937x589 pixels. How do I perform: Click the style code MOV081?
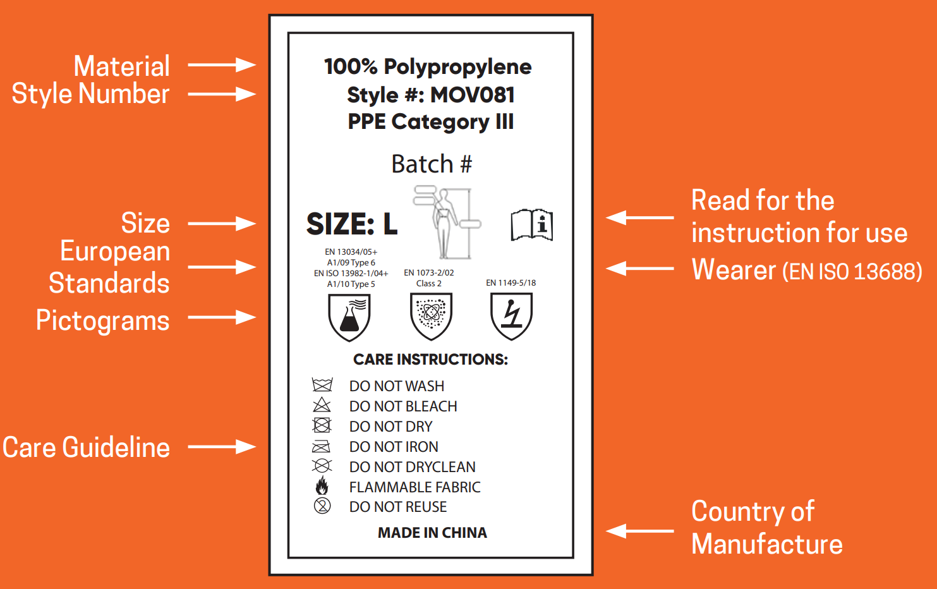click(472, 95)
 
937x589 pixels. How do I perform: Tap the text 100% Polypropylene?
click(428, 67)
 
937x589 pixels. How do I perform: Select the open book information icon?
click(531, 224)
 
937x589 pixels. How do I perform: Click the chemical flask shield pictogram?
click(349, 317)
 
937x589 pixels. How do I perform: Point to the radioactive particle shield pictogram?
click(431, 316)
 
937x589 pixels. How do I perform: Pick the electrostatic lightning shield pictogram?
click(511, 316)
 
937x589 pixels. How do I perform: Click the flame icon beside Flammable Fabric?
click(322, 486)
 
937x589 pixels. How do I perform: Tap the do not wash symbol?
click(322, 385)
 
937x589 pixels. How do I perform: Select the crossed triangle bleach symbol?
click(322, 405)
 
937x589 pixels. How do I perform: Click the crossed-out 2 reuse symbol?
click(322, 506)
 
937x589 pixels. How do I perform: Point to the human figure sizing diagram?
click(447, 222)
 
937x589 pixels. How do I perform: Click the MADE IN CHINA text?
click(432, 533)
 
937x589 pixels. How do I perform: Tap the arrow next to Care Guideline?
click(222, 447)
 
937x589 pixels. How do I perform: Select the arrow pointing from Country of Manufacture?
click(640, 531)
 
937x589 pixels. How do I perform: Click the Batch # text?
click(432, 164)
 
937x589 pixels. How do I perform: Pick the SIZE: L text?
click(352, 224)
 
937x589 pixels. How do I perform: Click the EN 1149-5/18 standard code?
click(511, 282)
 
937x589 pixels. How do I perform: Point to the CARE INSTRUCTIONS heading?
click(430, 360)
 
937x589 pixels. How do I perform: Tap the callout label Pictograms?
click(102, 320)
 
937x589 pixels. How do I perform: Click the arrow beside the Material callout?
click(222, 65)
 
